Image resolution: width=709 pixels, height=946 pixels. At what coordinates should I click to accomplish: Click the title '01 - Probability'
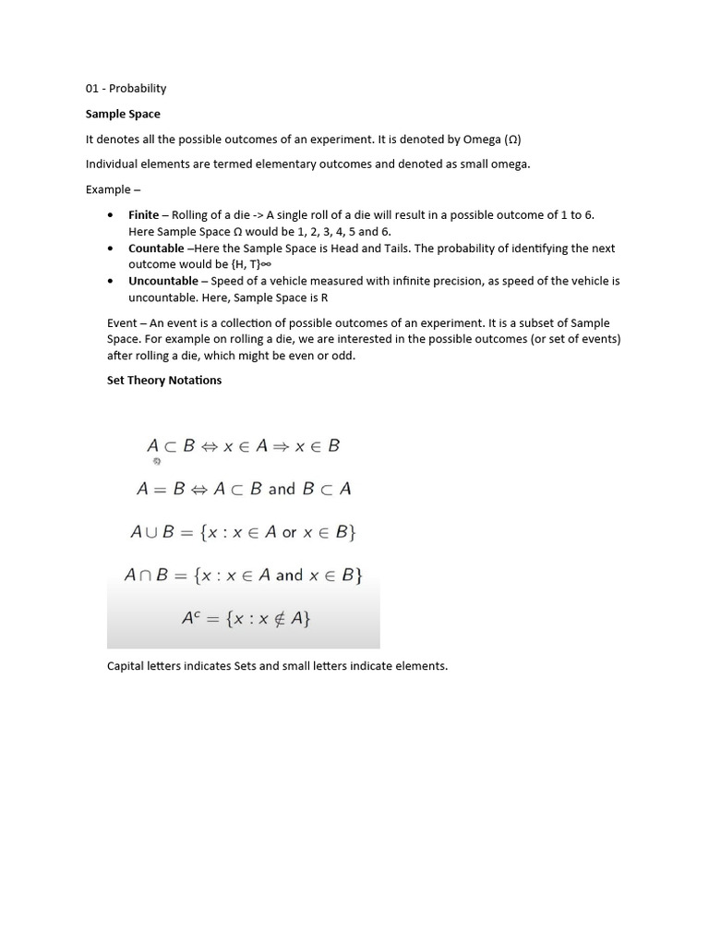point(126,89)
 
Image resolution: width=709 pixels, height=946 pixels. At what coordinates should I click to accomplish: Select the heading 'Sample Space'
point(123,114)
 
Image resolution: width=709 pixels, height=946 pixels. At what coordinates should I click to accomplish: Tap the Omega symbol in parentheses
point(512,139)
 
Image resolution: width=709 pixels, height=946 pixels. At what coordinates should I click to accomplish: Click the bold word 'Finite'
point(143,214)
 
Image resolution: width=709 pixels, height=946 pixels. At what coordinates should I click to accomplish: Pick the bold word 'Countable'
point(156,248)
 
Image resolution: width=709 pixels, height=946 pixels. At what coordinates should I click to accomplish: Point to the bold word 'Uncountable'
point(162,281)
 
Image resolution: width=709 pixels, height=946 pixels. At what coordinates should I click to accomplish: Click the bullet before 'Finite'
point(111,214)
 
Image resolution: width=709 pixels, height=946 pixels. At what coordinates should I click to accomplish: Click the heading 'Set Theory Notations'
point(164,380)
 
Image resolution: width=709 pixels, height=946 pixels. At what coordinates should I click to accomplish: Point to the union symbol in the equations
point(151,532)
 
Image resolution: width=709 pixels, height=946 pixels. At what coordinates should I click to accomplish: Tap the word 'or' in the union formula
point(290,532)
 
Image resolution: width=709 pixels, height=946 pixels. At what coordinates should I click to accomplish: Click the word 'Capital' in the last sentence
point(126,665)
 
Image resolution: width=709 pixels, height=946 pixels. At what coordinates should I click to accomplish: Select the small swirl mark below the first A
point(156,461)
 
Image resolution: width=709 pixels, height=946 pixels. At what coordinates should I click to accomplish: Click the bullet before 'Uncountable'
point(111,281)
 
